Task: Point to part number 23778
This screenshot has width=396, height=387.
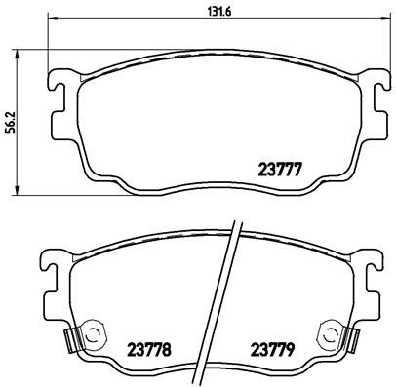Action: point(149,347)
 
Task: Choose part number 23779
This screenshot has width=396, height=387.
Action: point(273,347)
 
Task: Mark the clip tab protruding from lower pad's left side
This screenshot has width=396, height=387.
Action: point(70,340)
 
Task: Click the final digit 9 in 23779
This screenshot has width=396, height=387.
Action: point(292,347)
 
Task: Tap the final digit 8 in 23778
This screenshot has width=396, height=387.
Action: point(167,347)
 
